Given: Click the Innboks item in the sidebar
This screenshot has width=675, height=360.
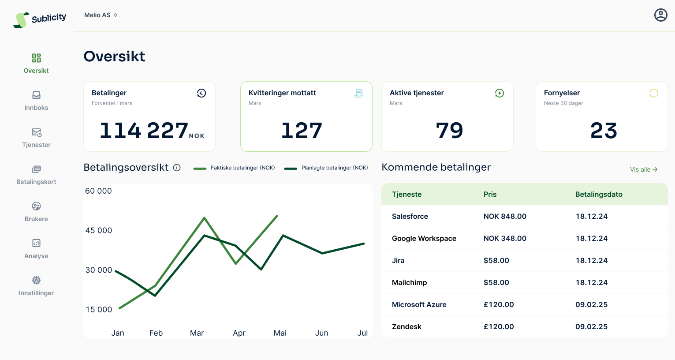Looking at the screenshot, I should coord(36,101).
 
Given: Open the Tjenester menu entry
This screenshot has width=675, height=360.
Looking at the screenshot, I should coord(36,138).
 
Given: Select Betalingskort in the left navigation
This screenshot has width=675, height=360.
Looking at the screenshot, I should coord(36,175).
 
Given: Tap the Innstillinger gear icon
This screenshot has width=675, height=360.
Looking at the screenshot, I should coord(36,280).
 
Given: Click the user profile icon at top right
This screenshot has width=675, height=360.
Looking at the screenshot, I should coord(660,15).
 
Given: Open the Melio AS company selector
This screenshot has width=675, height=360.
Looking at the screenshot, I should coord(101,15).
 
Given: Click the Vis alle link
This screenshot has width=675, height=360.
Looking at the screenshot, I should coord(644,169).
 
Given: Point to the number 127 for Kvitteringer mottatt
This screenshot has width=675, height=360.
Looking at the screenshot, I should coord(302,131).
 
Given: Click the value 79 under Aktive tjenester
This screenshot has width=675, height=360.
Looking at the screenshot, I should coord(449,131).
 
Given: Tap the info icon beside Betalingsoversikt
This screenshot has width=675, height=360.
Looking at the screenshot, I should coord(177,168).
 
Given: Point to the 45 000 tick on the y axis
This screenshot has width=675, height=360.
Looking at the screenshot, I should coord(99,230).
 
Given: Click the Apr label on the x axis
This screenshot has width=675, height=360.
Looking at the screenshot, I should coord(239,333).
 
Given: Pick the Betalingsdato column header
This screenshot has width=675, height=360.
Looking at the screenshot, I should coord(599,194).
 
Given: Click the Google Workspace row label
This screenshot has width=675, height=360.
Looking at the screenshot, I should coord(424,238).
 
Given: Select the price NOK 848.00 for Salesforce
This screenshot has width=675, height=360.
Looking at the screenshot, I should coord(505,216).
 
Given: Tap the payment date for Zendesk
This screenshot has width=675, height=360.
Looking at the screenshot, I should coord(591,326).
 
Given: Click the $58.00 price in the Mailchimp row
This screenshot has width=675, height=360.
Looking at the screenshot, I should coord(496,282).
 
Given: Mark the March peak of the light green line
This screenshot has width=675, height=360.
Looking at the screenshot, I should coord(205,217).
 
